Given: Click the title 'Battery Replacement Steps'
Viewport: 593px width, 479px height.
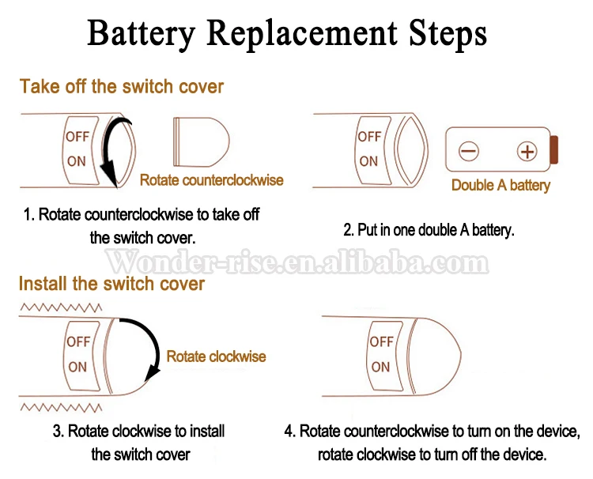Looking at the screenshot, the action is pyautogui.click(x=286, y=34).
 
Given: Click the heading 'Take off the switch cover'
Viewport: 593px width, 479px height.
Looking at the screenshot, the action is pyautogui.click(x=122, y=86).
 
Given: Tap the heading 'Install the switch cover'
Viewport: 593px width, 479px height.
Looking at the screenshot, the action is pyautogui.click(x=111, y=283).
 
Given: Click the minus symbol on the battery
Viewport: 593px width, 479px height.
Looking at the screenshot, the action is pyautogui.click(x=469, y=151).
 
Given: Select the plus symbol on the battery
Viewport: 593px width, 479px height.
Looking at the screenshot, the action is pyautogui.click(x=527, y=151).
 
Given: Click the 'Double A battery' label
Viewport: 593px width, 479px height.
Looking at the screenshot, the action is pyautogui.click(x=500, y=185).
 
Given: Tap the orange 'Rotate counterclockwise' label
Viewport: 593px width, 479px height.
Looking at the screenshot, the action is pyautogui.click(x=211, y=180).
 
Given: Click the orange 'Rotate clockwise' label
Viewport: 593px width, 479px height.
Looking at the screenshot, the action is pyautogui.click(x=216, y=356).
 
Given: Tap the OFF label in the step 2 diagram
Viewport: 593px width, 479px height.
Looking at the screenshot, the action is pyautogui.click(x=369, y=136).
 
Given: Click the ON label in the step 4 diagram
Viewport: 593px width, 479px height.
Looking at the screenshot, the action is pyautogui.click(x=380, y=367).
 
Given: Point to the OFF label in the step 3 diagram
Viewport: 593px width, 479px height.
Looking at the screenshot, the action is pyautogui.click(x=78, y=341).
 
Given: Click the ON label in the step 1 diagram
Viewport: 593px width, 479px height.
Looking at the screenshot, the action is pyautogui.click(x=77, y=160).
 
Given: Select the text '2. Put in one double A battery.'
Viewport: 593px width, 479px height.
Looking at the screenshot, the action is pyautogui.click(x=429, y=230).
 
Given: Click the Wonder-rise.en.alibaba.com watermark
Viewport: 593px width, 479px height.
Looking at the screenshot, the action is pyautogui.click(x=296, y=262).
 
